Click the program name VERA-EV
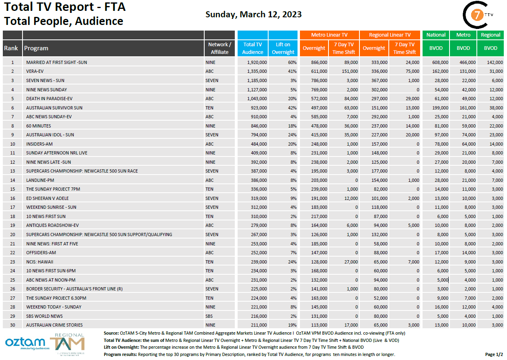35,71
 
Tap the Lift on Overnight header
283,48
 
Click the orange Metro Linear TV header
329,35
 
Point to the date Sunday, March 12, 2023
253,14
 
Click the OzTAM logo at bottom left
25,343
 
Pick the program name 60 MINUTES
39,125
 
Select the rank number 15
12,189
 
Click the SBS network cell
209,316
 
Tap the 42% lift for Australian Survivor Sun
292,107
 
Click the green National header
436,35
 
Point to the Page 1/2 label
494,354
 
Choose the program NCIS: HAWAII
40,261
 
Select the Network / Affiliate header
220,48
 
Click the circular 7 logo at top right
477,15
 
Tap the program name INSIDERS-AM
39,144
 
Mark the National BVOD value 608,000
440,62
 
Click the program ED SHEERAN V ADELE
47,198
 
